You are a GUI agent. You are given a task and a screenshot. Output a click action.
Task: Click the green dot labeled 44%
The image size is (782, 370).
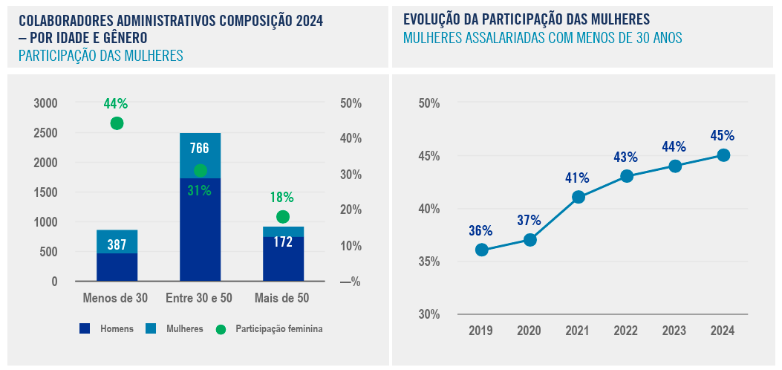coord(117,123)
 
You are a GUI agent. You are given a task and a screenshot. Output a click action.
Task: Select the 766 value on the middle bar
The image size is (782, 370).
coord(200,148)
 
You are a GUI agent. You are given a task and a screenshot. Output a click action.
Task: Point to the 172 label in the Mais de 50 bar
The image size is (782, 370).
coord(283,242)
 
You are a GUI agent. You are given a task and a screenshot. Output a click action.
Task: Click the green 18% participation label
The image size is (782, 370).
coord(282,198)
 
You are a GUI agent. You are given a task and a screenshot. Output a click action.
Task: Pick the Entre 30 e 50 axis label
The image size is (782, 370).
coord(199,298)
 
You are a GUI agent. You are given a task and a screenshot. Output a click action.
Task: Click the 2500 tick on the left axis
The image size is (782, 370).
coord(45,133)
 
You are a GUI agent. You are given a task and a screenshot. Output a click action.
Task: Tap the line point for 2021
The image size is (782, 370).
coord(579,197)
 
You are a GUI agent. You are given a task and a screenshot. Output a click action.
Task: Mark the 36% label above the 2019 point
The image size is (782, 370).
coord(481,230)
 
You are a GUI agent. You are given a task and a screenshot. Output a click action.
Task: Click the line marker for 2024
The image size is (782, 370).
coord(723,155)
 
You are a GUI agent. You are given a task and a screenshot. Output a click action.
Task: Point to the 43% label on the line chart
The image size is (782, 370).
coord(626,157)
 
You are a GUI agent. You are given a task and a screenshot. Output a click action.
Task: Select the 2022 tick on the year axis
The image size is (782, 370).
coord(626,331)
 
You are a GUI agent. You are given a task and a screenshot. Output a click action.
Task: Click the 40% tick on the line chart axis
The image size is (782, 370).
coord(430,210)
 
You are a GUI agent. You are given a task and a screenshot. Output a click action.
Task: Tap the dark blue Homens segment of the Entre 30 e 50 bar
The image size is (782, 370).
coord(200,230)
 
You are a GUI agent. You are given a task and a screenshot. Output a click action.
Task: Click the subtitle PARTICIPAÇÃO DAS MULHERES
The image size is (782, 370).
coord(100,56)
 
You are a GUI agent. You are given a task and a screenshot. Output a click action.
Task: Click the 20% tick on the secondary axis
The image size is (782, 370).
coord(351,210)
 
